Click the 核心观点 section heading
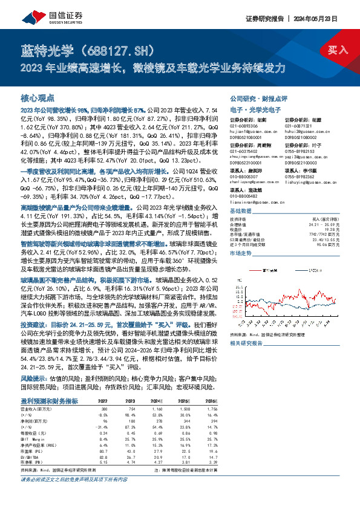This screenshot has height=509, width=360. [38, 97]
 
